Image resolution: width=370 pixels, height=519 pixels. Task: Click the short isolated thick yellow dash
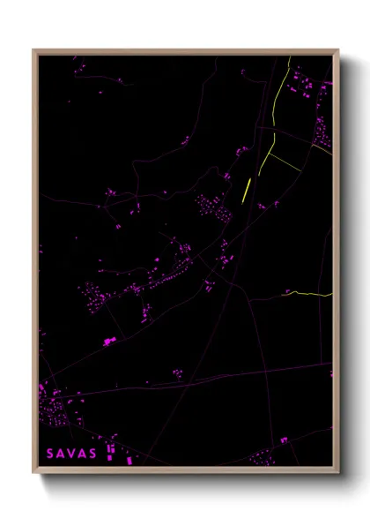(x=247, y=190)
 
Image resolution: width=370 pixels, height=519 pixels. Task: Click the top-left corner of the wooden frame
(x=34, y=50)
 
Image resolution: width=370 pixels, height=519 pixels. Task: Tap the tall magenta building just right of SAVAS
(x=110, y=451)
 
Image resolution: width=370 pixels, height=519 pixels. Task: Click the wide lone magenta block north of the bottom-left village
(x=109, y=341)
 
